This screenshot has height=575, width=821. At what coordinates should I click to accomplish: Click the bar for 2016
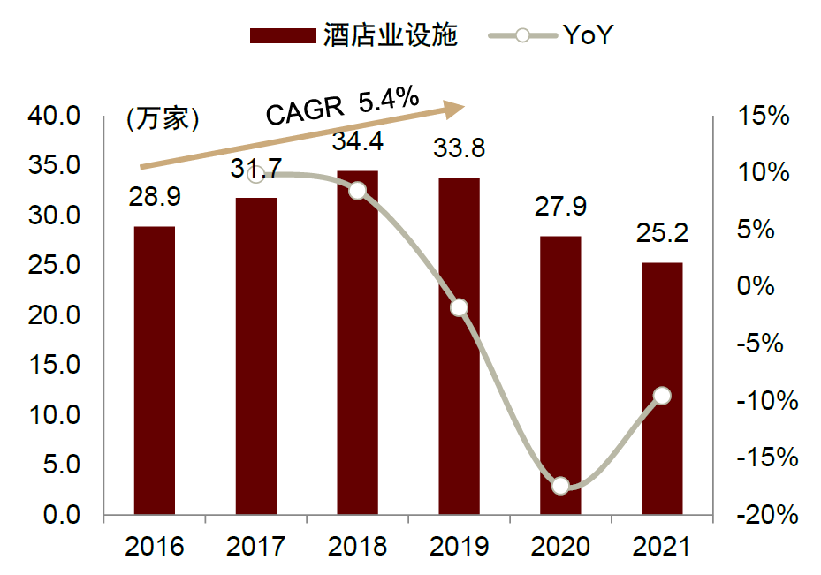pos(154,370)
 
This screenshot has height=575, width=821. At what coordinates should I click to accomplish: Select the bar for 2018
pos(357,343)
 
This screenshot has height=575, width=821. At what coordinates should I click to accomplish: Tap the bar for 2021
pos(662,389)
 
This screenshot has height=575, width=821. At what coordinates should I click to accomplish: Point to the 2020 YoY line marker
pos(560,486)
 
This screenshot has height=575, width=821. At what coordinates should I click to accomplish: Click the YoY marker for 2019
pos(459,307)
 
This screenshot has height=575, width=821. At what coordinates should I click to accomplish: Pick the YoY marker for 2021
pos(662,396)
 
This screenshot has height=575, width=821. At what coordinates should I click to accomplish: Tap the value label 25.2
pos(662,234)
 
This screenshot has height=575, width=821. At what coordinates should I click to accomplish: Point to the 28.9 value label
pos(155,197)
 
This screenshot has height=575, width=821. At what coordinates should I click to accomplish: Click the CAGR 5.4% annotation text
pos(343,107)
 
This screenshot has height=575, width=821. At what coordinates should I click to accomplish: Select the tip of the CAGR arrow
pos(463,108)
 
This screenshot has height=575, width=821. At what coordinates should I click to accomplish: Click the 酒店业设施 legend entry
pos(353,34)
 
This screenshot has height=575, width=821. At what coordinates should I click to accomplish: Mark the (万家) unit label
pos(162,118)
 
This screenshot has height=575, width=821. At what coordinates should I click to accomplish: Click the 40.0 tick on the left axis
pos(55,116)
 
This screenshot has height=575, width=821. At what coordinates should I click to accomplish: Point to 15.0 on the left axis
pos(55,365)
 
